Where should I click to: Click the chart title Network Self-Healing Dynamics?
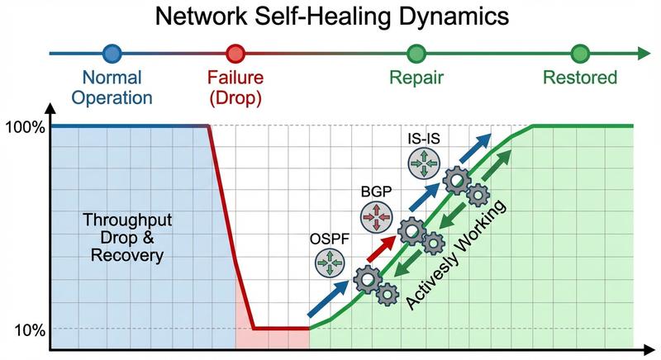coord(330,17)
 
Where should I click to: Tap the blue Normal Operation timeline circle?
coord(112,54)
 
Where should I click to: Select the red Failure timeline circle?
coord(236,54)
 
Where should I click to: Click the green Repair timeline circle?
coord(417,54)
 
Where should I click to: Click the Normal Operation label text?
coord(112,88)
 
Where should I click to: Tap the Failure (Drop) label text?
coord(236,88)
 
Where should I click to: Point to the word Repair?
coord(417,78)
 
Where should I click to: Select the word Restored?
coord(579,78)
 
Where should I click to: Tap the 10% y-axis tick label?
coord(30,330)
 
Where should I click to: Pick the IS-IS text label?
coord(422,138)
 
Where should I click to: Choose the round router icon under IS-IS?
coord(423,163)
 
